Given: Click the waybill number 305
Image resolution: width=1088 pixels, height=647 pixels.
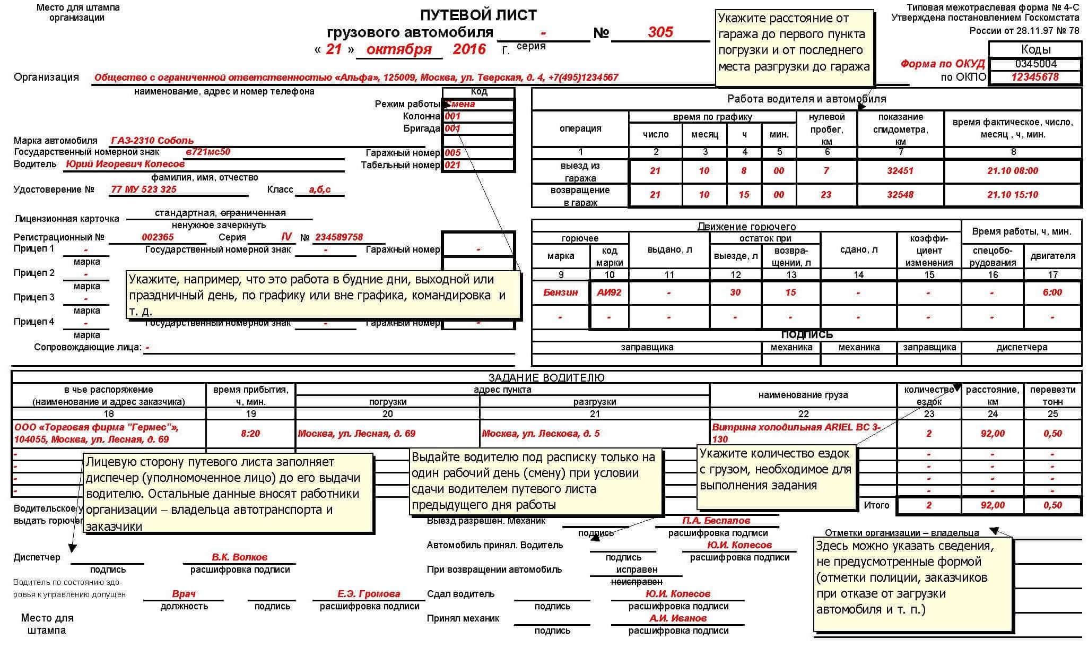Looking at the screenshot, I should tap(660, 32).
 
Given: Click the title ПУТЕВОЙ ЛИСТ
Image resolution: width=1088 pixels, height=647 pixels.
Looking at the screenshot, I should tap(478, 15).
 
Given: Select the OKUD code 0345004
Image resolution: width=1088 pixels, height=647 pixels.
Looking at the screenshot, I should tap(1035, 64).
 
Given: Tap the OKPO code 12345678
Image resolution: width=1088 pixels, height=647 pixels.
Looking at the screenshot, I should tap(1034, 77).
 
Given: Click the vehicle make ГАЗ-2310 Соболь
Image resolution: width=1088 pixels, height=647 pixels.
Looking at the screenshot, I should tap(152, 141).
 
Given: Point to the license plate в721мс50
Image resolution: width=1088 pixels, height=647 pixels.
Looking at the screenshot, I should tap(207, 152).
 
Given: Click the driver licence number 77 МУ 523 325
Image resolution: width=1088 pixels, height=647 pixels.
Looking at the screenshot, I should tap(144, 189).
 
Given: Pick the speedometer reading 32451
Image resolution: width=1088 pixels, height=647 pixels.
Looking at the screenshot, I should tap(900, 171).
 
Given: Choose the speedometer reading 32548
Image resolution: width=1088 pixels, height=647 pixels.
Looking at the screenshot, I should tap(900, 195).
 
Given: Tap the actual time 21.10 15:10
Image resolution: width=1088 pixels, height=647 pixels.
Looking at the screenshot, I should tap(1012, 195).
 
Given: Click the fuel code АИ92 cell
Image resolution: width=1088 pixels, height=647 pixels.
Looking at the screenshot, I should tap(609, 292).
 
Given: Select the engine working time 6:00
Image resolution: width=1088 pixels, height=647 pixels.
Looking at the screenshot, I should tap(1052, 292).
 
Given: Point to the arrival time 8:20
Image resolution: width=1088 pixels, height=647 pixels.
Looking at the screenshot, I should tap(250, 434).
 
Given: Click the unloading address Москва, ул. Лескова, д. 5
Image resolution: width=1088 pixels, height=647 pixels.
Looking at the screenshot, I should tap(541, 434).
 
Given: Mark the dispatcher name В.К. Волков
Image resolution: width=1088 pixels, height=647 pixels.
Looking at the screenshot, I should tap(239, 557).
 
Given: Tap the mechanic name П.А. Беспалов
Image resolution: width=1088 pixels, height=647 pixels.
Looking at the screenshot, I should tap(716, 521).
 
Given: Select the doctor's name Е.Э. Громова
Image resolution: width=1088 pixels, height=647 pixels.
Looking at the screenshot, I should tap(369, 594).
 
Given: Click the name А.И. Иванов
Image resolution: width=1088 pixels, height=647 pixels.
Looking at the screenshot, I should tap(677, 618).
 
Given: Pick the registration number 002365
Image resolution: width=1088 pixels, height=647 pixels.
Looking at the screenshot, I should tap(158, 237).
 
